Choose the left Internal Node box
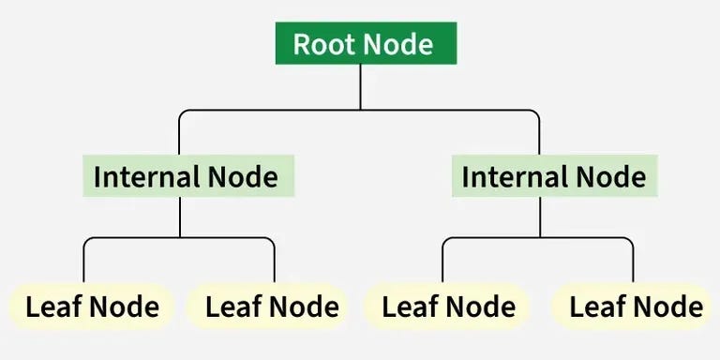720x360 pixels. [187, 176]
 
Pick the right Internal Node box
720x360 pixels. [553, 176]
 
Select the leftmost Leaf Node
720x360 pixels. [92, 307]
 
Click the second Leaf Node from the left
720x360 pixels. [271, 307]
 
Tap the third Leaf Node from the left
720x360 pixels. [448, 307]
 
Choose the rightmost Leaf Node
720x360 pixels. [635, 307]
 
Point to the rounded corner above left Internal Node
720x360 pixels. [183, 113]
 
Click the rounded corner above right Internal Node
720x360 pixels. [536, 113]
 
